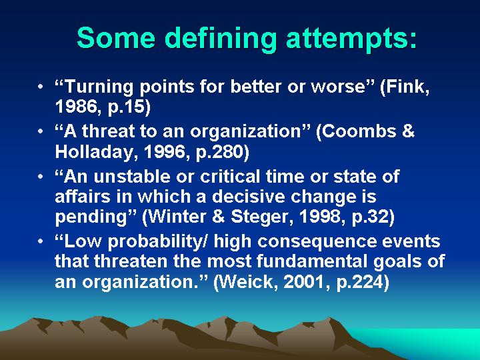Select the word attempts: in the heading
pyautogui.click(x=351, y=39)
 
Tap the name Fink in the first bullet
pyautogui.click(x=405, y=87)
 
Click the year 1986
pyautogui.click(x=78, y=107)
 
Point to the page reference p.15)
pyautogui.click(x=129, y=107)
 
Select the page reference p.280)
pyautogui.click(x=222, y=153)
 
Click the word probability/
pyautogui.click(x=158, y=242)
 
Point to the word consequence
pyautogui.click(x=317, y=242)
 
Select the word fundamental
pyautogui.click(x=313, y=261)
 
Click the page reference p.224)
pyautogui.click(x=363, y=283)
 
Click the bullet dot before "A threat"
pyautogui.click(x=41, y=131)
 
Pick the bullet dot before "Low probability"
pyautogui.click(x=41, y=241)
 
